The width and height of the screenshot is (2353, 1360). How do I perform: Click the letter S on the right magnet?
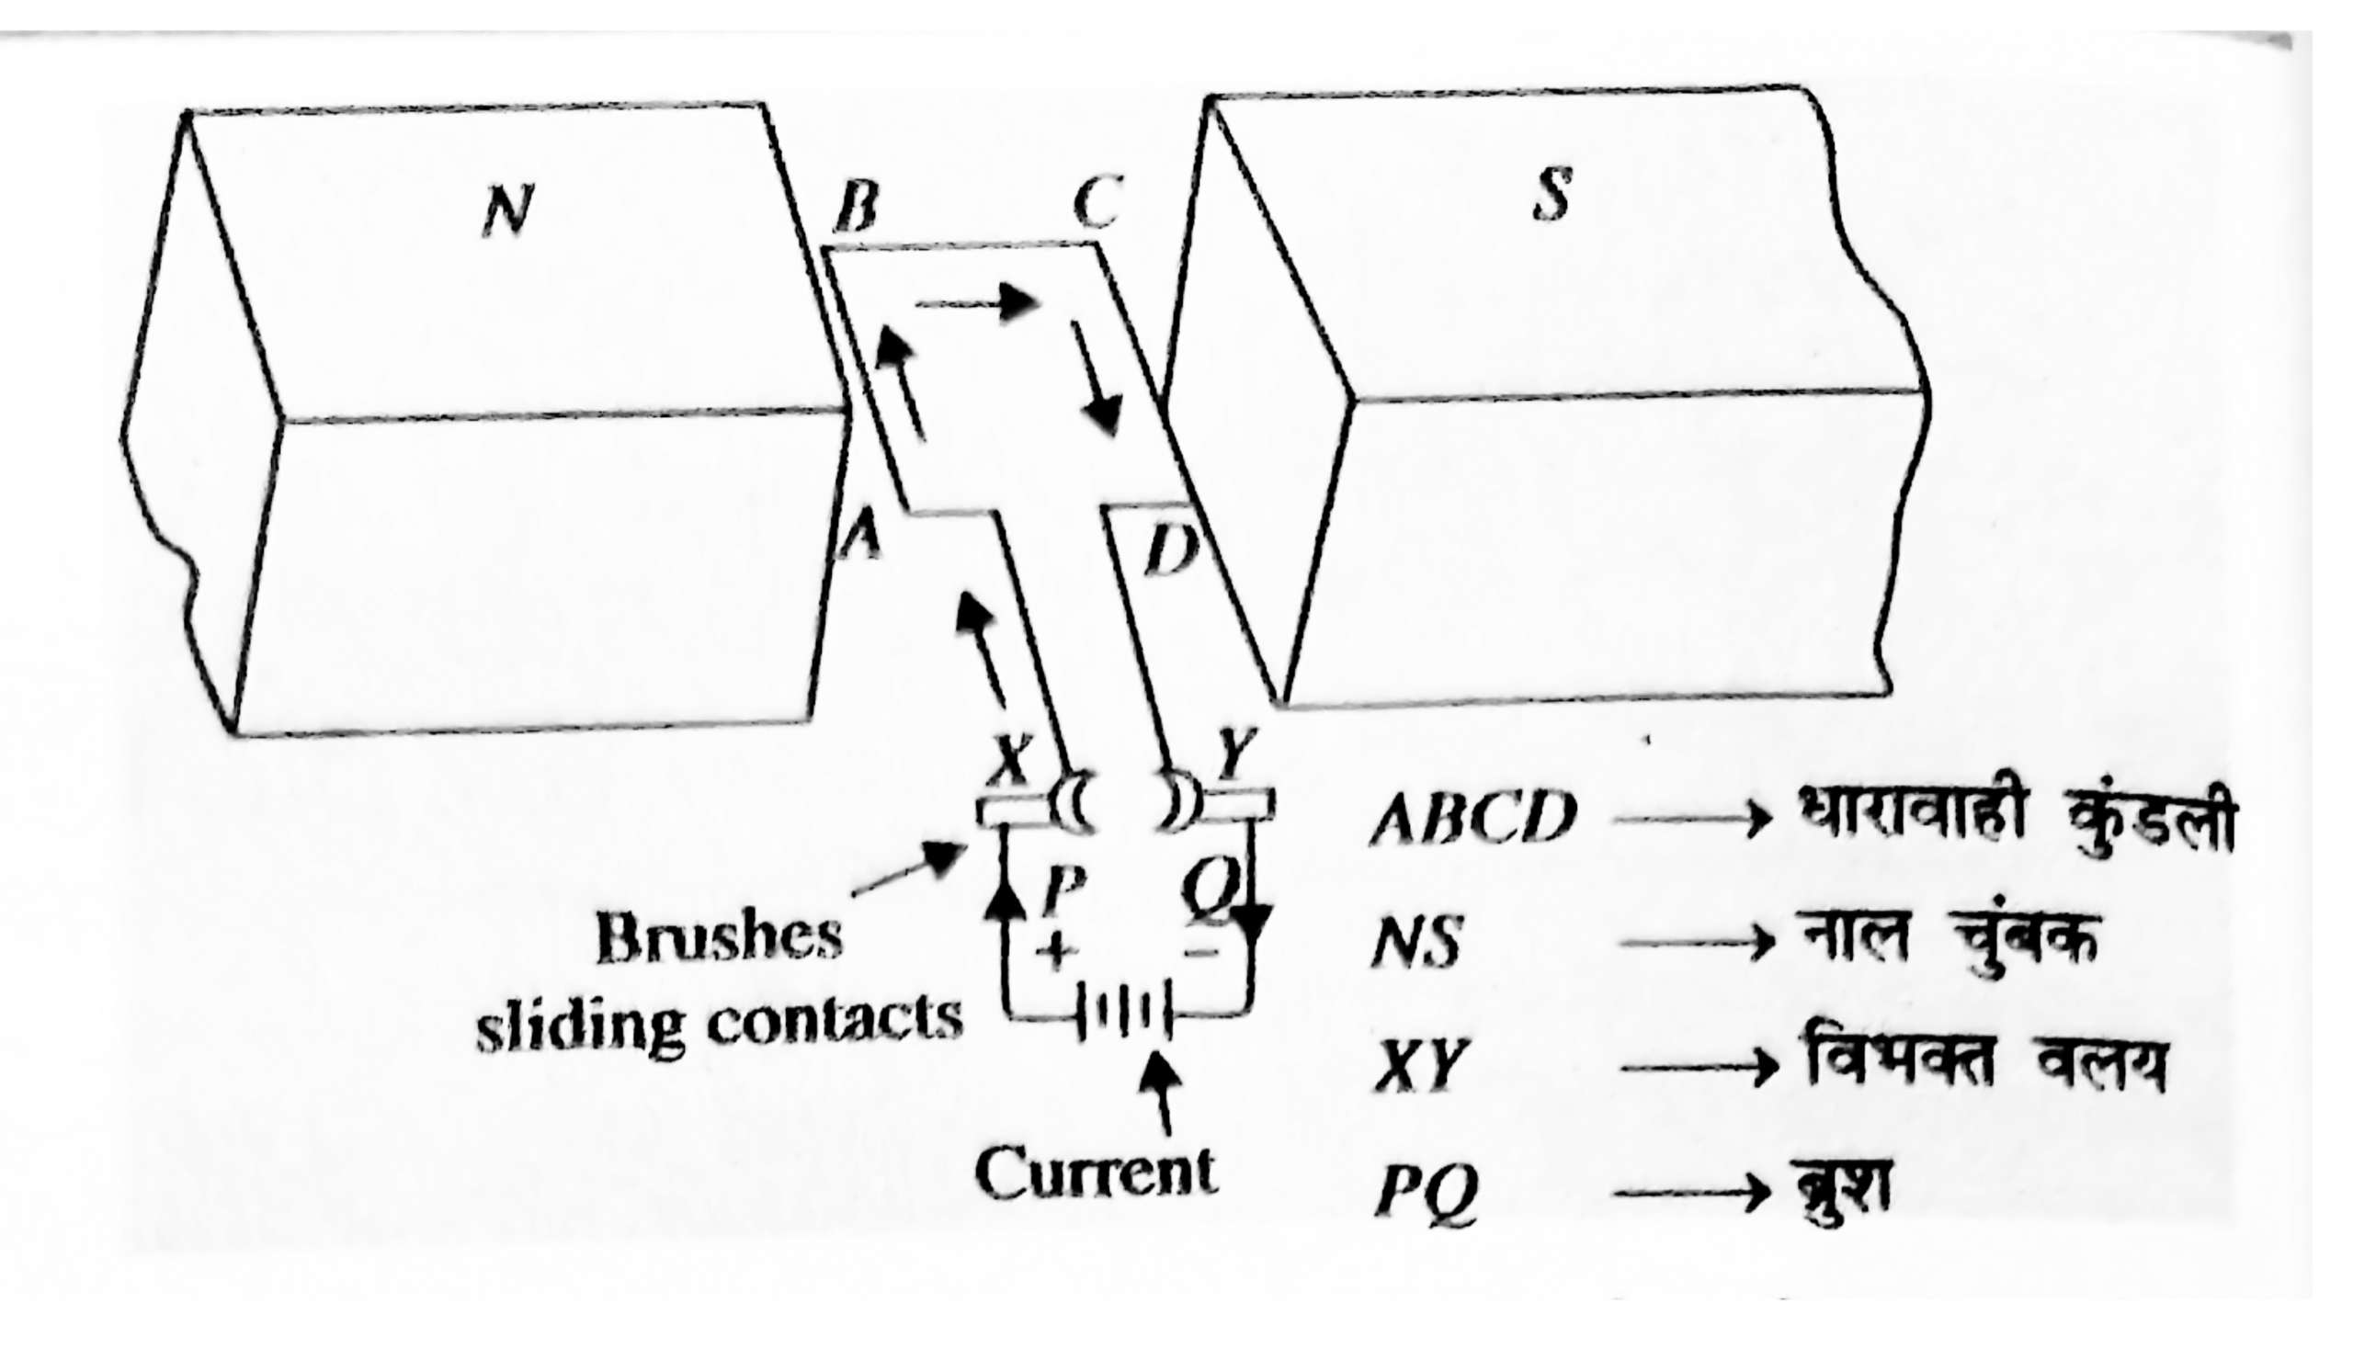point(1552,194)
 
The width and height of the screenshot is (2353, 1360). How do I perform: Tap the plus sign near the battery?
point(1055,952)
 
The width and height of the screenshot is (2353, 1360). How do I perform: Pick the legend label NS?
point(1415,945)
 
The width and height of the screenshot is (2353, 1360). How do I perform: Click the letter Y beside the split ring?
point(1237,754)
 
